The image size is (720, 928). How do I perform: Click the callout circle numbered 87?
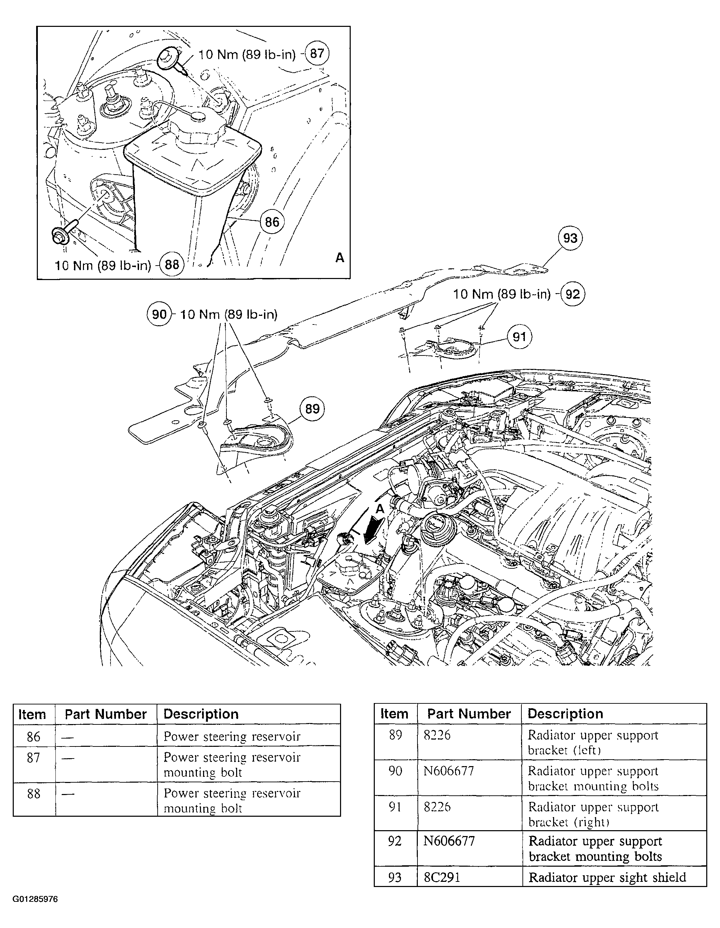pos(317,53)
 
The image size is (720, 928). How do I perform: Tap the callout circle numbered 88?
pos(172,265)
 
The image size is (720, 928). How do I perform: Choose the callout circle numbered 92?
pos(573,294)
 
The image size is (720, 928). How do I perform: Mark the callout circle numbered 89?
pos(312,409)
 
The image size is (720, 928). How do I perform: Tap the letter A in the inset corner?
pos(340,258)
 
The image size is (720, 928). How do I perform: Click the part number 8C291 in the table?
pos(442,877)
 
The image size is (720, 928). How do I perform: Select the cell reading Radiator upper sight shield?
pos(607,877)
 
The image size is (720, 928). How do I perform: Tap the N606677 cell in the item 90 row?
pos(449,771)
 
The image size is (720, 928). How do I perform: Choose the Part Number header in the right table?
pos(469,714)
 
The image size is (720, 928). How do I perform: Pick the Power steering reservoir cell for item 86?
pos(232,736)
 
